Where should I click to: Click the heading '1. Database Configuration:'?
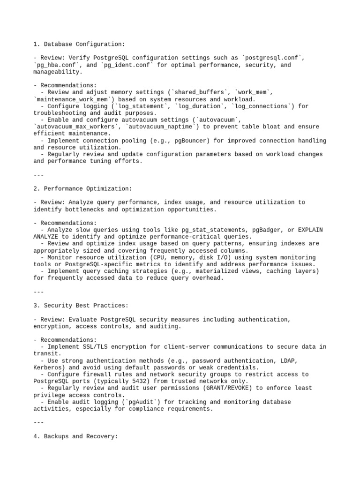click(x=79, y=44)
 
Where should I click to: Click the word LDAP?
click(x=289, y=360)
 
